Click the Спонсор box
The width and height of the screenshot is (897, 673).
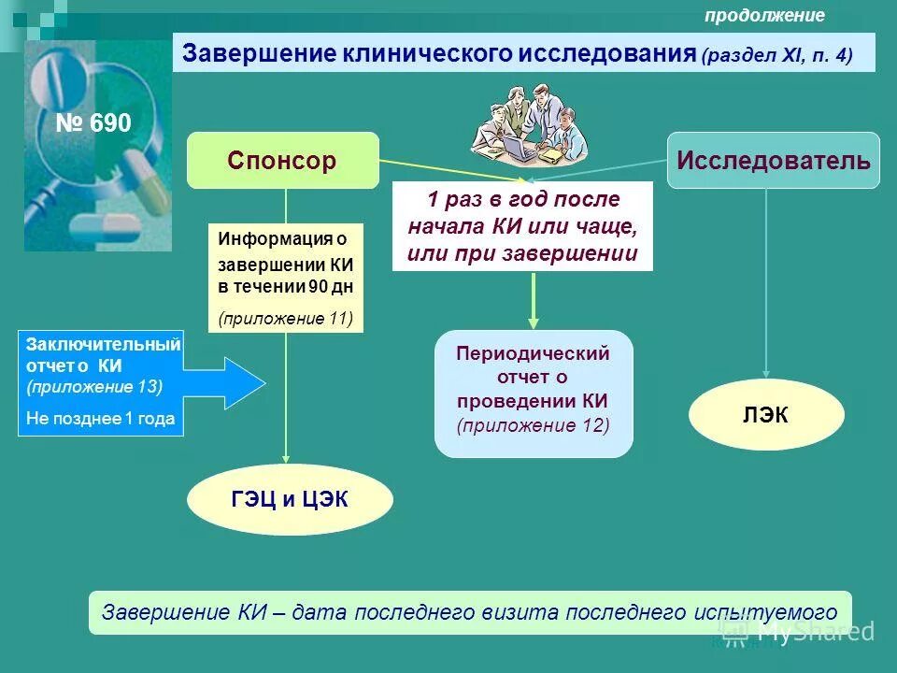(x=282, y=161)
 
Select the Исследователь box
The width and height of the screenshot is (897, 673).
(x=774, y=161)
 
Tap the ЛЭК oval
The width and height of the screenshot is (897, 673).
(x=766, y=415)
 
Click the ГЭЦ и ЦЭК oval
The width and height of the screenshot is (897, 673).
(x=290, y=500)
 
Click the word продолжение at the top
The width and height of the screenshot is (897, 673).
(x=764, y=15)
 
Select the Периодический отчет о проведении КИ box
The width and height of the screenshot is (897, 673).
(x=534, y=393)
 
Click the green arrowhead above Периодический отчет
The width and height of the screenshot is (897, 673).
(x=534, y=320)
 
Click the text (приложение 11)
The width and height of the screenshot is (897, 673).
(x=286, y=318)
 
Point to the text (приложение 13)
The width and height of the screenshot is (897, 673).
(x=94, y=385)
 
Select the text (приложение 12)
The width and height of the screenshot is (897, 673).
(x=534, y=425)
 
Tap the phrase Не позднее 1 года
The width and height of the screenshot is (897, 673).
(x=101, y=419)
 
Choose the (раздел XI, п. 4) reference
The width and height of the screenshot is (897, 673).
(x=777, y=55)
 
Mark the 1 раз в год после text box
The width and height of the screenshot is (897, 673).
(x=522, y=226)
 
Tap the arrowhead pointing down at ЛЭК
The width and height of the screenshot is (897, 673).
(x=766, y=374)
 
